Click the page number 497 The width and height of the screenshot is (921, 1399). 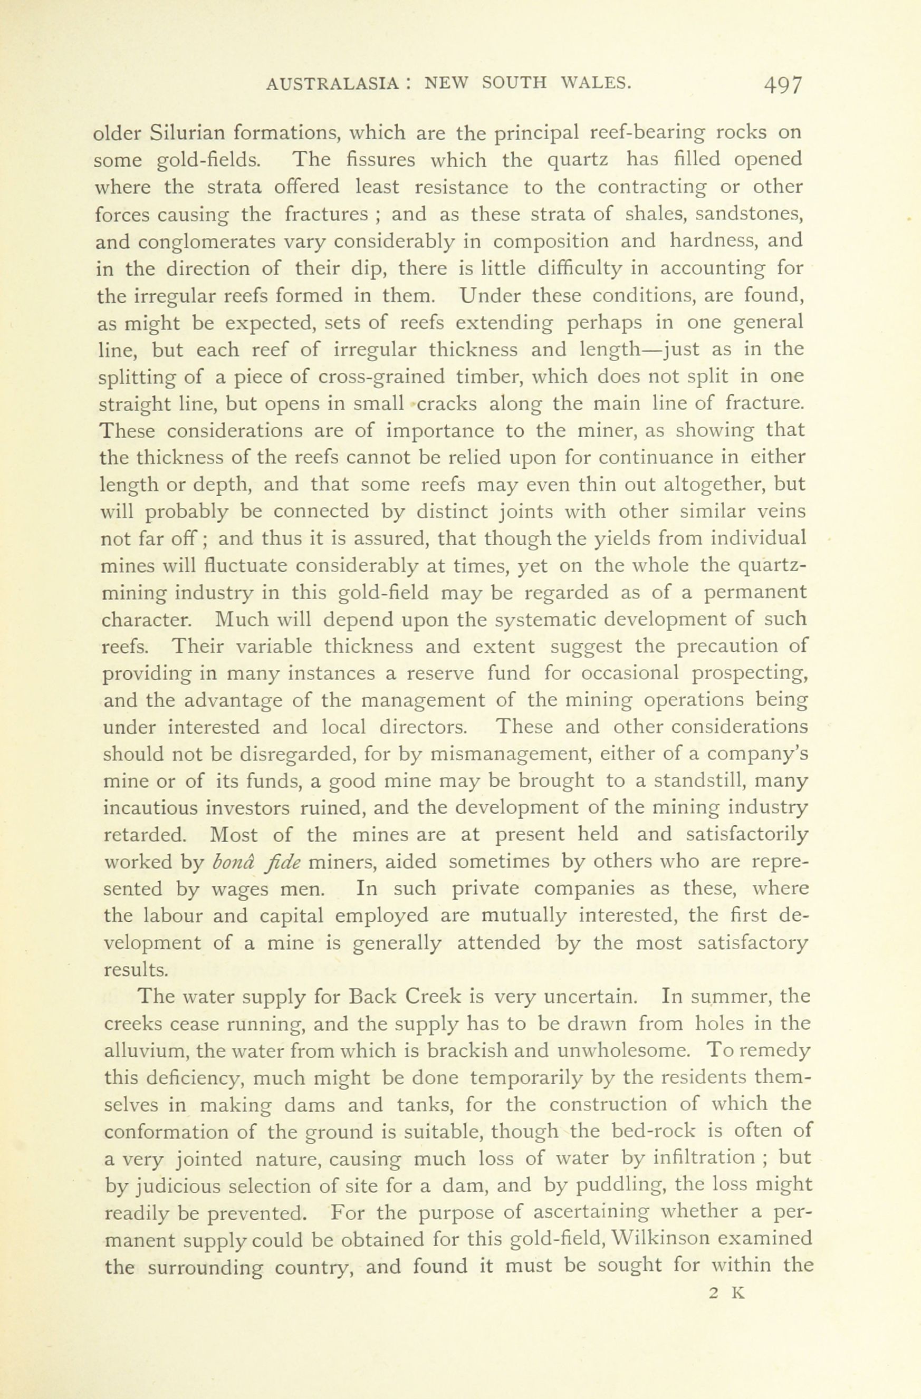point(782,85)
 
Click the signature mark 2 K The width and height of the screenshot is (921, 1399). point(727,1292)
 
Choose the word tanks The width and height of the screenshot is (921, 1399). point(424,1105)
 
